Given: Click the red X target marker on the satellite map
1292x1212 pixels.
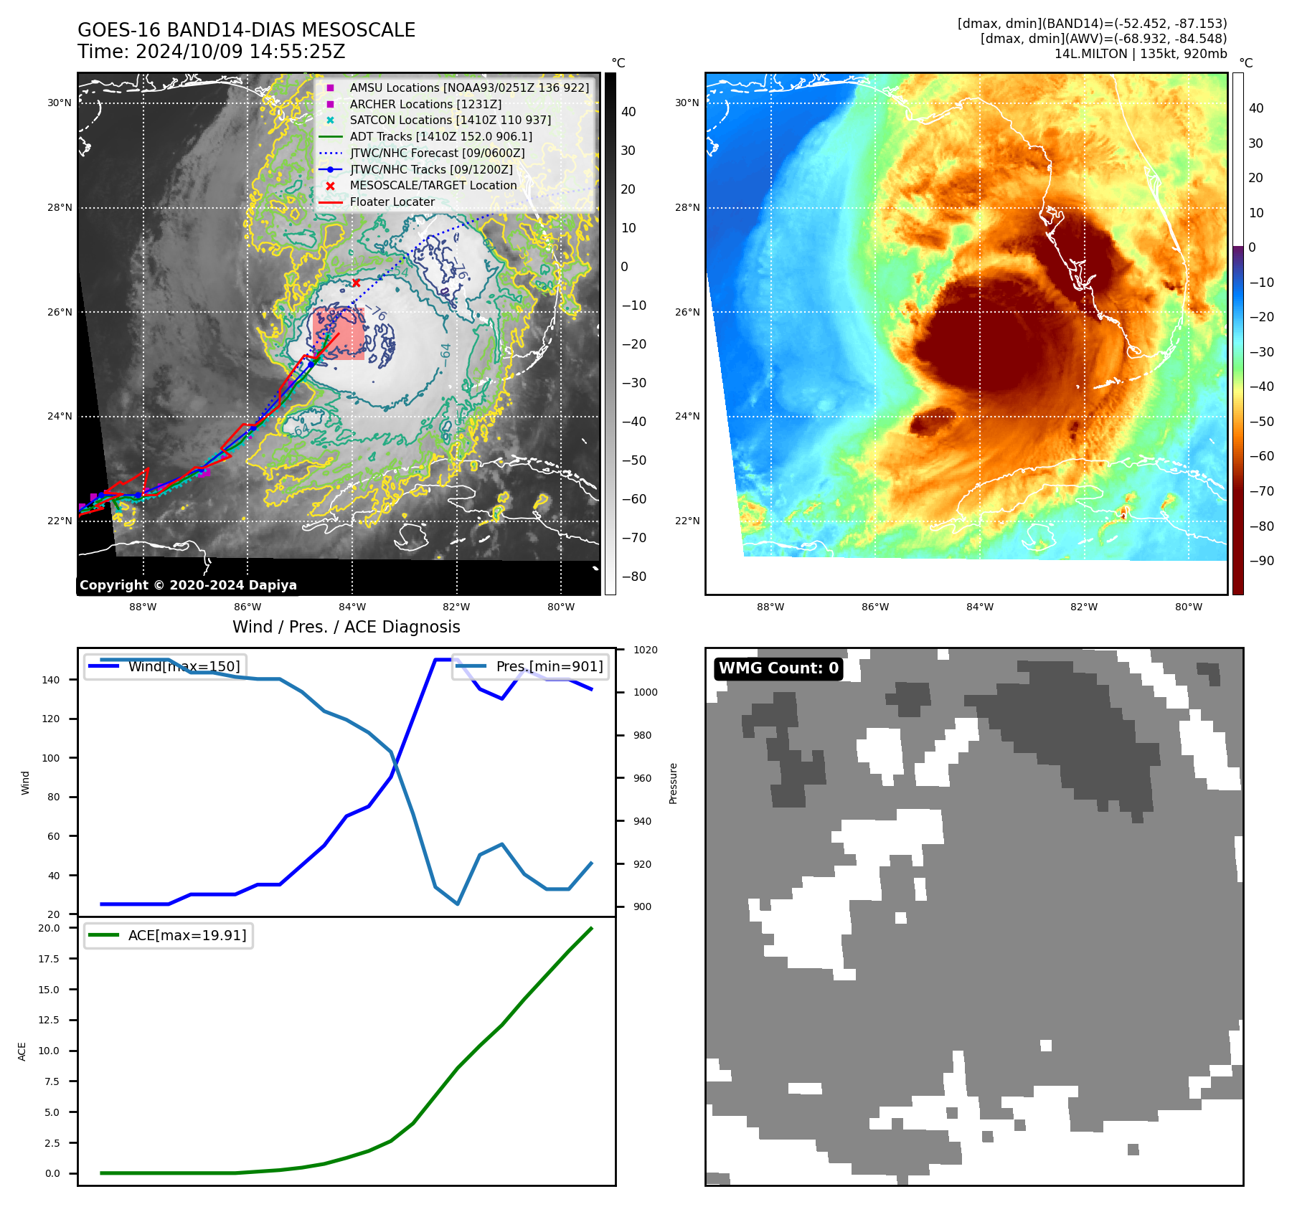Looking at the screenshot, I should [356, 283].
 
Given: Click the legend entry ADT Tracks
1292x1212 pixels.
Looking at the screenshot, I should [440, 136].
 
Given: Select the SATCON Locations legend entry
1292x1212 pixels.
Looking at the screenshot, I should [450, 120].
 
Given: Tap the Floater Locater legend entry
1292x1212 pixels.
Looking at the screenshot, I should [392, 202].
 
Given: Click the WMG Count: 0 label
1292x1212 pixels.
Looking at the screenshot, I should [778, 668].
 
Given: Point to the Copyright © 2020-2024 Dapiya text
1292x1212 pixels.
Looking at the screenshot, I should [188, 585].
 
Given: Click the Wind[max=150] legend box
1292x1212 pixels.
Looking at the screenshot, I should [165, 666].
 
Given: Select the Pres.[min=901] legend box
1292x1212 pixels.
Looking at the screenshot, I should [531, 666].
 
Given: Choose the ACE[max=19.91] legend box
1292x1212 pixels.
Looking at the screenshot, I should [169, 935].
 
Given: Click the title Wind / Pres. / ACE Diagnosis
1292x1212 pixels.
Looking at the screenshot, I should [346, 627].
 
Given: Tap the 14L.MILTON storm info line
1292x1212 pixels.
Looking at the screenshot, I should [1140, 54].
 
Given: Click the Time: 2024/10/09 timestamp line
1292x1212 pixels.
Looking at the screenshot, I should [212, 52].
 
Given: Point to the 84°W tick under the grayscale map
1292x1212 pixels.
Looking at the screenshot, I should [352, 607].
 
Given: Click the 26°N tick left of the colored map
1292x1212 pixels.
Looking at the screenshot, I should [687, 313].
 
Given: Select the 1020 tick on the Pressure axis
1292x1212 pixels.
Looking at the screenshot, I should [645, 650].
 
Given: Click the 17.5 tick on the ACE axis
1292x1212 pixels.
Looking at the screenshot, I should [49, 959].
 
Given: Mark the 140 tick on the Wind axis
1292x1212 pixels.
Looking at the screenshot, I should [50, 680].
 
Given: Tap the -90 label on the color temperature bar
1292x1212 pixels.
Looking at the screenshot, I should [1261, 561].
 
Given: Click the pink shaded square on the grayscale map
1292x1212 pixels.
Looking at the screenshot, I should [338, 333].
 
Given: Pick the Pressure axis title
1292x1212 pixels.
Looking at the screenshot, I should [673, 783].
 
